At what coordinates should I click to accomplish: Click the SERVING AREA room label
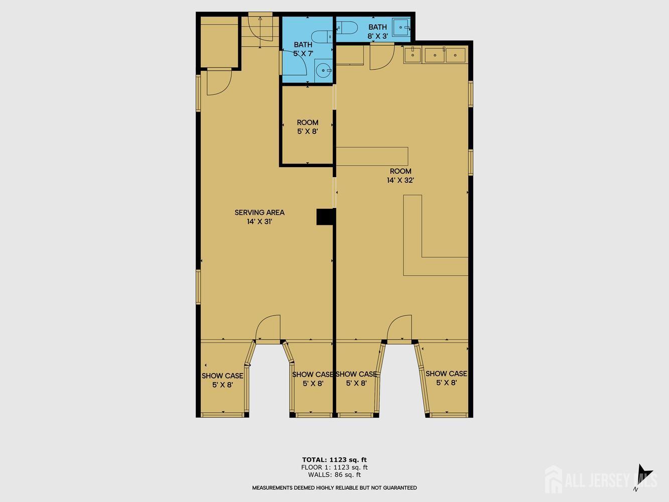[259, 212]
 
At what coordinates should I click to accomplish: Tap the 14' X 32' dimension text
[400, 180]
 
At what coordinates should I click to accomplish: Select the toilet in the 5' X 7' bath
[322, 37]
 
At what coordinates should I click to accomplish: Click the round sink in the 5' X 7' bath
[323, 71]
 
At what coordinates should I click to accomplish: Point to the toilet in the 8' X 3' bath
[346, 28]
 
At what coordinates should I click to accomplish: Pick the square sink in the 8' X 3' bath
[401, 27]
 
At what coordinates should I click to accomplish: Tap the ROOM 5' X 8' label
[308, 127]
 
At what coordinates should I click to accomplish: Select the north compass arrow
[644, 473]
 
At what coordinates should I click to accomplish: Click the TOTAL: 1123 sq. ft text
[334, 460]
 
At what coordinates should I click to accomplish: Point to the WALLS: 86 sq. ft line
[334, 474]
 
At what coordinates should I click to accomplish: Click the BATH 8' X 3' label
[377, 32]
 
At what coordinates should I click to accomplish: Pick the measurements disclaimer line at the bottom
[334, 487]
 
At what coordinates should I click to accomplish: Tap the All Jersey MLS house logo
[554, 479]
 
